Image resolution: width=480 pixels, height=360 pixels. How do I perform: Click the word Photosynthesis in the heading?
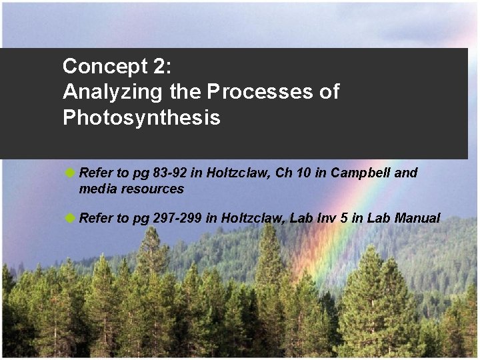[x=141, y=118]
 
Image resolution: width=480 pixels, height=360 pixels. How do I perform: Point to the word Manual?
[x=417, y=218]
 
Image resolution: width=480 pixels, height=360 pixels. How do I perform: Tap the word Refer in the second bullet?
[x=97, y=218]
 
